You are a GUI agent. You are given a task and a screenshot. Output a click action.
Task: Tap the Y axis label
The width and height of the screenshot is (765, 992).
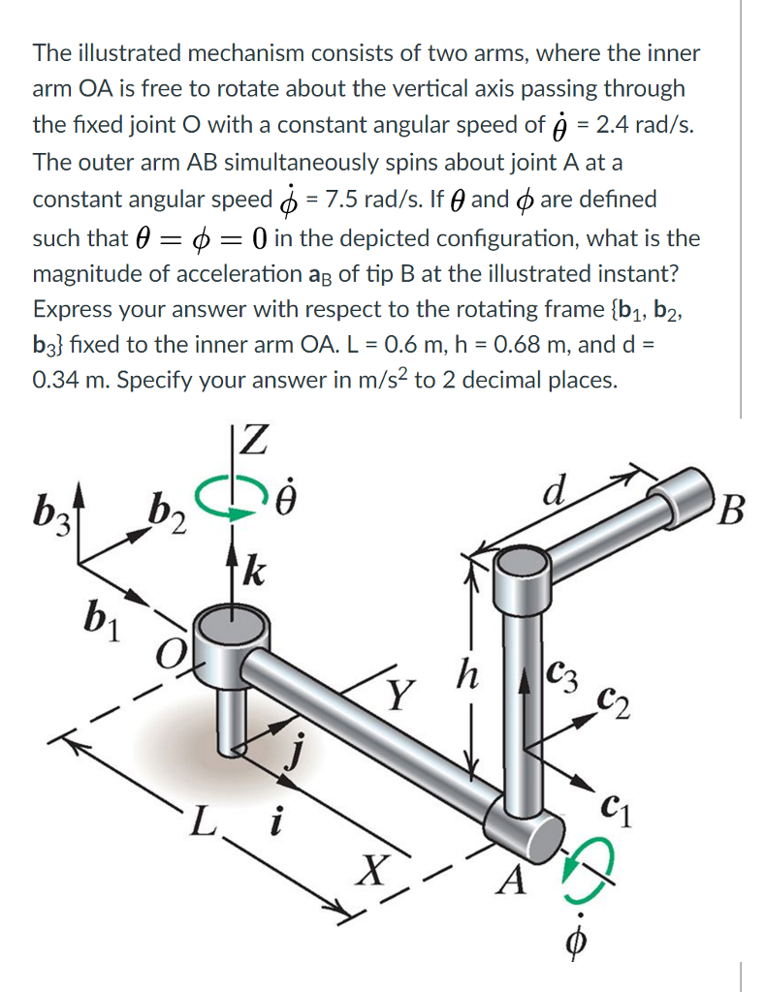397,694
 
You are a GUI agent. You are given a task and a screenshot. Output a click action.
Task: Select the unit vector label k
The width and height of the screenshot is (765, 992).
258,564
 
